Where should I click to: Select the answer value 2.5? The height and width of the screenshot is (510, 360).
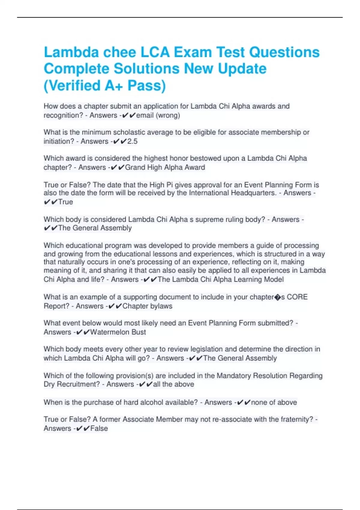click(x=132, y=141)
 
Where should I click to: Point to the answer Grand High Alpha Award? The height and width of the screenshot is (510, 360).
click(x=165, y=167)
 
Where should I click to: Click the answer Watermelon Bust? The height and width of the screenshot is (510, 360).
click(x=118, y=332)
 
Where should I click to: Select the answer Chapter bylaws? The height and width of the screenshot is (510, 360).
click(x=147, y=306)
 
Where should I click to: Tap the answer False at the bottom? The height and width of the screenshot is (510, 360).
click(x=99, y=428)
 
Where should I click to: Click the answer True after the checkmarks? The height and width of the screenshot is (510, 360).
click(x=66, y=202)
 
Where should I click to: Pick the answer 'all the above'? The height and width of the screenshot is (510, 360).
click(x=173, y=384)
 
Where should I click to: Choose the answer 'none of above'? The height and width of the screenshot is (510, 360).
click(x=274, y=402)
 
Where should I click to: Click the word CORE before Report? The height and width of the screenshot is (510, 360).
click(x=297, y=297)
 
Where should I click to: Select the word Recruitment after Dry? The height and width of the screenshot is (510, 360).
click(x=78, y=384)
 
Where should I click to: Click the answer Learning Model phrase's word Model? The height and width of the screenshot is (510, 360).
click(x=273, y=280)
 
